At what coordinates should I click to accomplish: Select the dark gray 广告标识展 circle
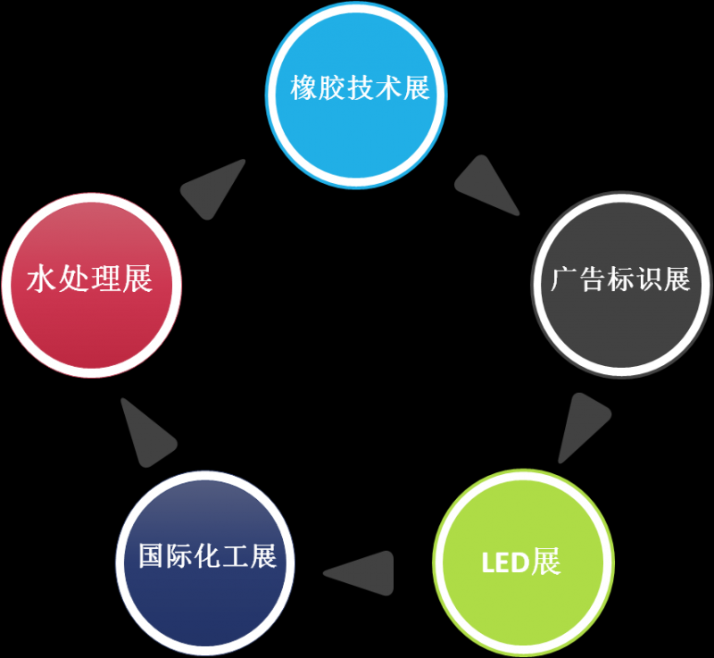coord(621,284)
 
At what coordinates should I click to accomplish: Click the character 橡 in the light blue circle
coord(304,87)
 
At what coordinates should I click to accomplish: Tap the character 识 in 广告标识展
coord(649,279)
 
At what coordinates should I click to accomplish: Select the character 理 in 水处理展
coord(106,279)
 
